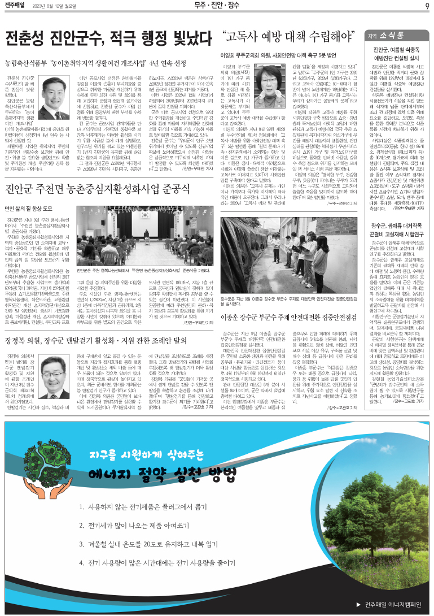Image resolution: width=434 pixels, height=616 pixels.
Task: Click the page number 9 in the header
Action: pos(427,6)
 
